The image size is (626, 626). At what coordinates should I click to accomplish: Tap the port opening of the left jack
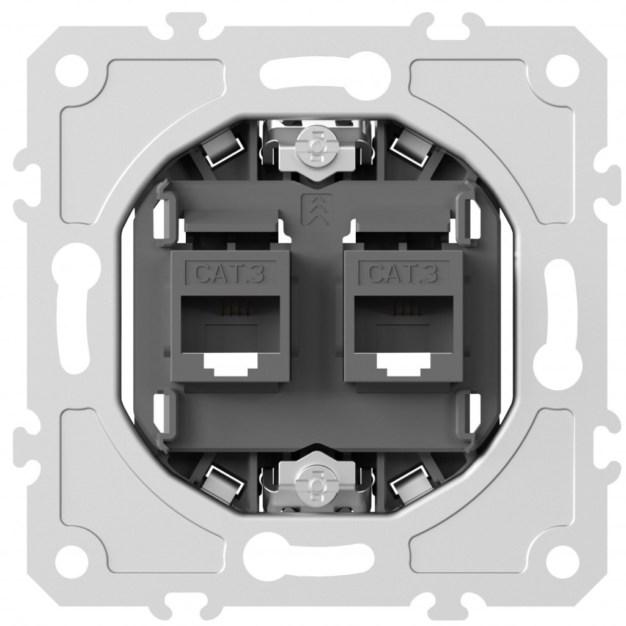coord(230,332)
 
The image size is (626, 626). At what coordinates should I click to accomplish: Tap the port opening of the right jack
coord(403,332)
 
